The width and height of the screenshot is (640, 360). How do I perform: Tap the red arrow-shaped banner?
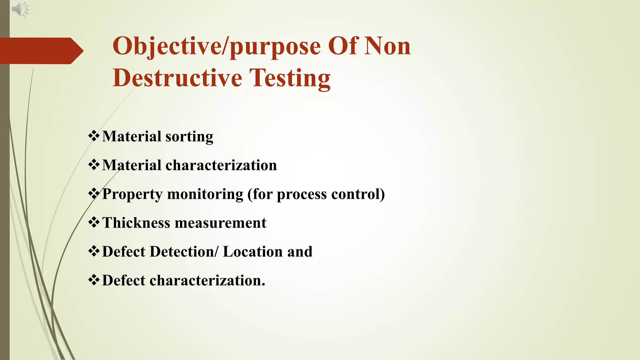[41, 51]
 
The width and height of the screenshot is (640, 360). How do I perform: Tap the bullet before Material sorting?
[94, 136]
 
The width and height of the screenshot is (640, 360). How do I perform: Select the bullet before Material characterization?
[94, 165]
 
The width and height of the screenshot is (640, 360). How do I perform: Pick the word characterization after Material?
[221, 165]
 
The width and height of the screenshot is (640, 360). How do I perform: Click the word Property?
[132, 194]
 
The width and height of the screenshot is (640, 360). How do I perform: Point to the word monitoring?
[205, 194]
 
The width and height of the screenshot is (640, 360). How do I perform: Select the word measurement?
[221, 223]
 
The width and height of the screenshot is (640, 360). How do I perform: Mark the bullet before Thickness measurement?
[94, 223]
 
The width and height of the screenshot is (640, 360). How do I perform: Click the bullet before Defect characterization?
[94, 280]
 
